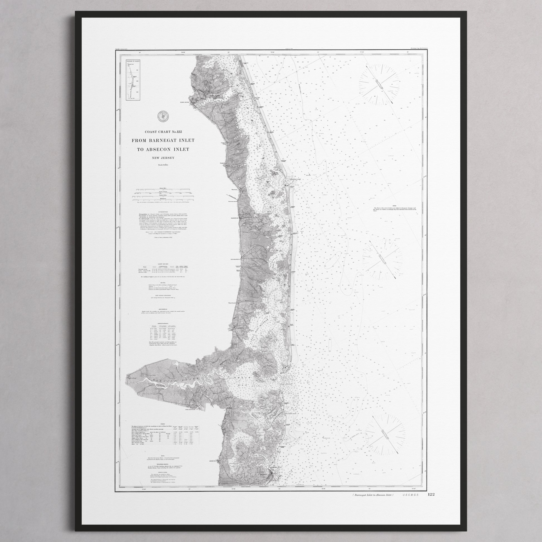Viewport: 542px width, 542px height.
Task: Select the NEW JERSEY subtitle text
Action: [x=163, y=158]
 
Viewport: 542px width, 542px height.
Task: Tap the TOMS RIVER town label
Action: [x=185, y=102]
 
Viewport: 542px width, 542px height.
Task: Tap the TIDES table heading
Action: [x=163, y=416]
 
